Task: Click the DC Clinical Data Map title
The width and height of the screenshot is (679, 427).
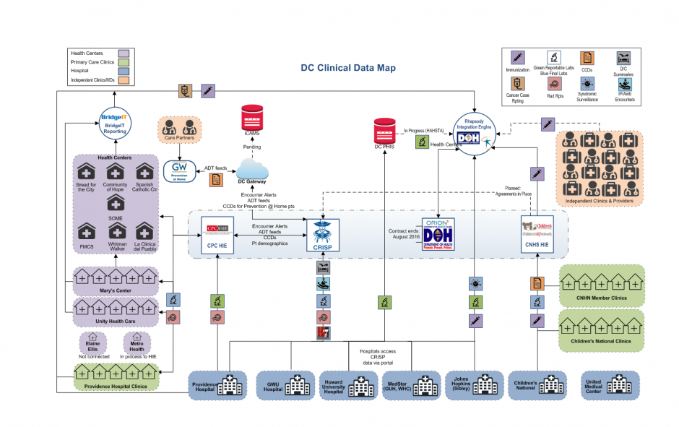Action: point(348,68)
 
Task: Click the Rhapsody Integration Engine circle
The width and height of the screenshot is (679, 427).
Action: point(475,131)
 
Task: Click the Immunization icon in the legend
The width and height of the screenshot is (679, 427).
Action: point(518,58)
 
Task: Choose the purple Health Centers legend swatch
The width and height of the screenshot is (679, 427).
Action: point(122,53)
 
